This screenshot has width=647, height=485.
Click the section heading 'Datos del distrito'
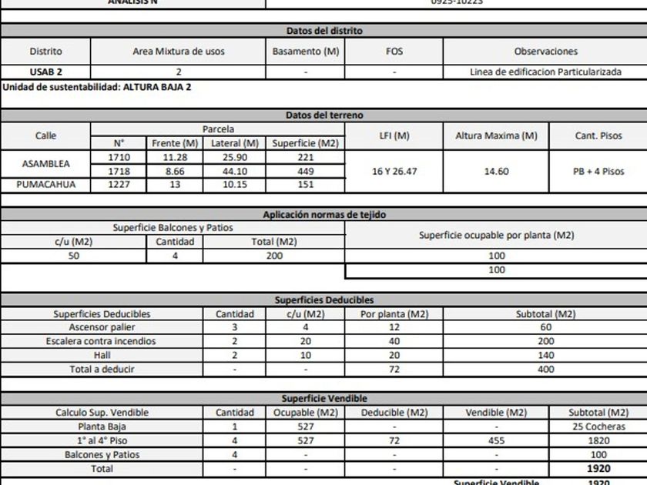pos(323,31)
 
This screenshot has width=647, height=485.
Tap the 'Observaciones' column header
pos(545,52)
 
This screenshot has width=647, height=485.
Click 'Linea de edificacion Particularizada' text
pos(545,72)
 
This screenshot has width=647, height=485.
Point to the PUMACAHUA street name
pos(45,184)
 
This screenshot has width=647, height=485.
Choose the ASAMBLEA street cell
pos(45,164)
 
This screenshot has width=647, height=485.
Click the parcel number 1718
pos(119,171)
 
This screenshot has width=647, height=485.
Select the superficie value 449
pos(305,171)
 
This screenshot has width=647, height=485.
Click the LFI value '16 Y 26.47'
pos(394,171)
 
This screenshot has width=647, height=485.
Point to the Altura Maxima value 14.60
pos(496,171)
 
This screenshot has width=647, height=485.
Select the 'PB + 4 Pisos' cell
pos(598,171)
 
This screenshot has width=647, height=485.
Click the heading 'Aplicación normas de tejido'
pos(323,215)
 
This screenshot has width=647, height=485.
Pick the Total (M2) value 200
pos(274,256)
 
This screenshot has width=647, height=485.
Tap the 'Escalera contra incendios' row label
pos(101,341)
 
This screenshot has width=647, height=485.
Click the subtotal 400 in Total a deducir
pos(545,369)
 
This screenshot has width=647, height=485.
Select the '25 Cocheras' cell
pos(598,426)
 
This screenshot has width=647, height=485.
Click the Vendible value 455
pos(496,440)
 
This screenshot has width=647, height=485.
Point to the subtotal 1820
pos(598,440)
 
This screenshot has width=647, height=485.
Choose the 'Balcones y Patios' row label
pos(102,454)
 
